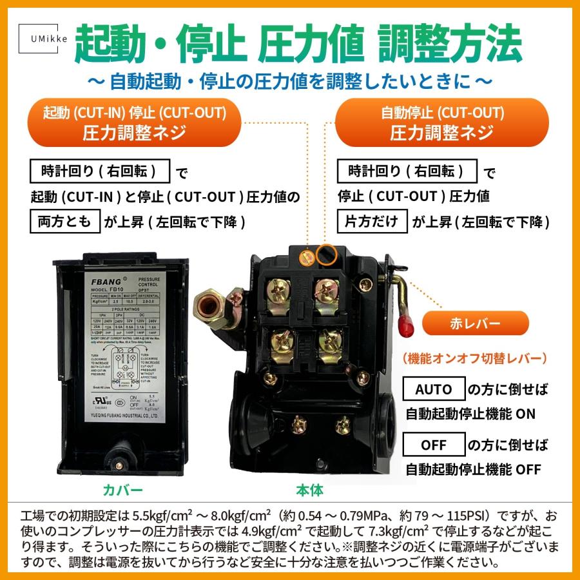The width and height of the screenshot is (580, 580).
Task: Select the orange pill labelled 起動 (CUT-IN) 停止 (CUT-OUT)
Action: click(x=135, y=123)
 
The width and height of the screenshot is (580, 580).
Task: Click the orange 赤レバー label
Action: click(x=476, y=322)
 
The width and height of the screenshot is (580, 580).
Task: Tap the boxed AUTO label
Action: click(x=433, y=389)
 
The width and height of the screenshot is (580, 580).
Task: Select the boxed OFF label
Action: click(x=433, y=445)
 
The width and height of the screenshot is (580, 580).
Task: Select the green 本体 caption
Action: click(x=309, y=490)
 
